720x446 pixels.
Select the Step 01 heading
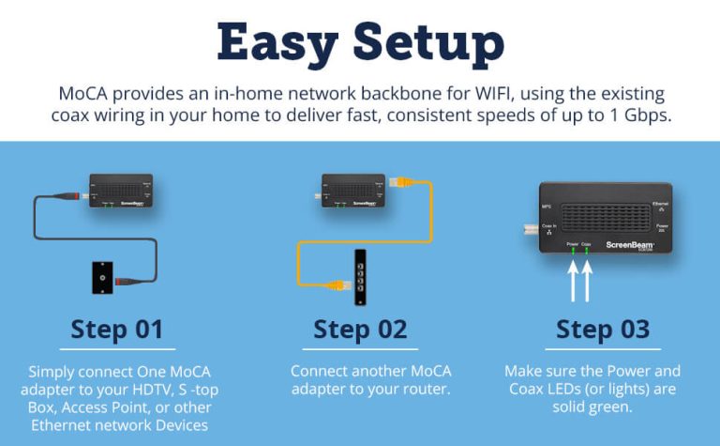coord(117,330)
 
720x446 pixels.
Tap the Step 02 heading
coord(360,330)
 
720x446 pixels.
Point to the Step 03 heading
coord(602,330)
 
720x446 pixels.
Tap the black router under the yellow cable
coord(359,278)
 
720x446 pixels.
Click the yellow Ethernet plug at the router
coord(335,285)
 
